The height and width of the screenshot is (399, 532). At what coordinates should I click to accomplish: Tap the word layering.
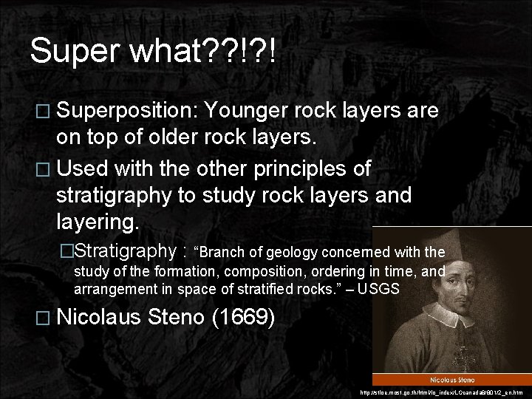[x=99, y=222]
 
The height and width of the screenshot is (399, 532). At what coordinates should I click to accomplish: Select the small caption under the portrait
[x=451, y=379]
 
